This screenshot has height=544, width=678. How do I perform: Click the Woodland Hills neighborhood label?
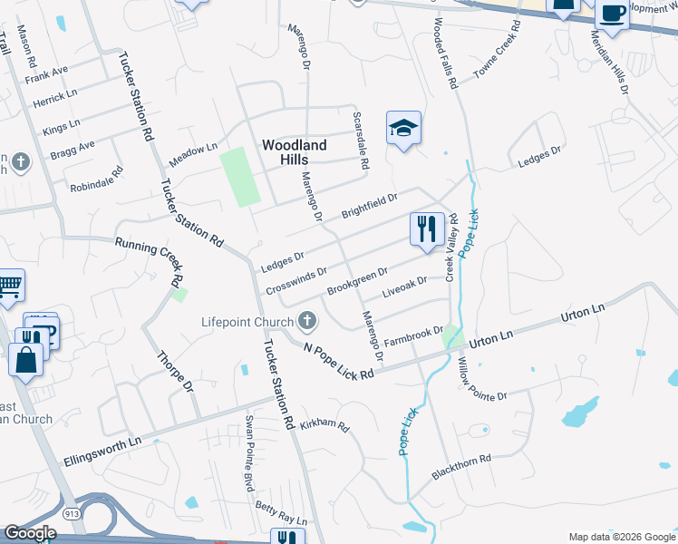[x=294, y=151]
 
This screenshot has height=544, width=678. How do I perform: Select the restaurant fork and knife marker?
[x=427, y=227]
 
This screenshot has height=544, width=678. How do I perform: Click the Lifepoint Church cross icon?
[x=307, y=321]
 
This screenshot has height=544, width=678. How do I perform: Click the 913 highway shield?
[x=69, y=514]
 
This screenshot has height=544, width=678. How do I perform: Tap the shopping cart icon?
[x=9, y=287]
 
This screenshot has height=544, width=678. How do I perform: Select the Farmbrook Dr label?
[x=412, y=336]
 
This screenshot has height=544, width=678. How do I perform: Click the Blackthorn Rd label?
[x=461, y=466]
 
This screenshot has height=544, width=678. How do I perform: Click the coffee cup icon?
[x=612, y=15]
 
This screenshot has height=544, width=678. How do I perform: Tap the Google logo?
[x=29, y=534]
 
